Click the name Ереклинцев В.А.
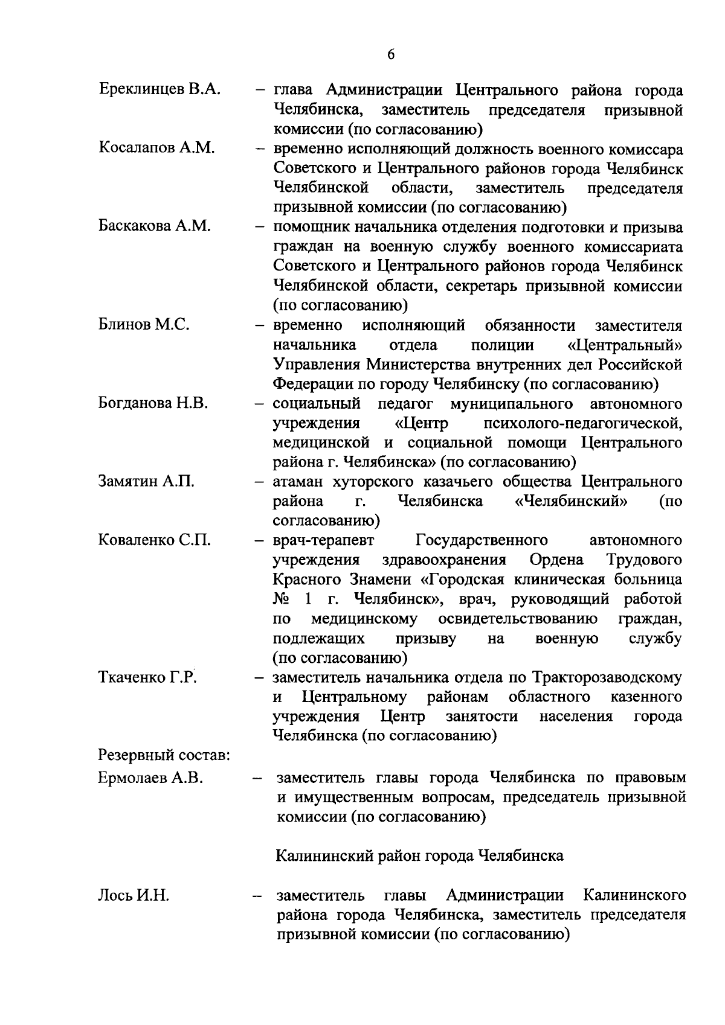pyautogui.click(x=159, y=91)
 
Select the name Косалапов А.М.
pyautogui.click(x=156, y=148)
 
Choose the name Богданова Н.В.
pyautogui.click(x=153, y=403)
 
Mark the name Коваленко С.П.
pyautogui.click(x=154, y=540)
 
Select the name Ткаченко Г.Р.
pyautogui.click(x=148, y=677)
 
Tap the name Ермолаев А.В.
pyautogui.click(x=150, y=778)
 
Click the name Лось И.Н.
pyautogui.click(x=134, y=895)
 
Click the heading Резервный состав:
pyautogui.click(x=163, y=755)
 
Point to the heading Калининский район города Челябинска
pyautogui.click(x=419, y=856)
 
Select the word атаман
pyautogui.click(x=301, y=482)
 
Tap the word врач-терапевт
pyautogui.click(x=323, y=540)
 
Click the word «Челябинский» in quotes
pyautogui.click(x=570, y=501)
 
